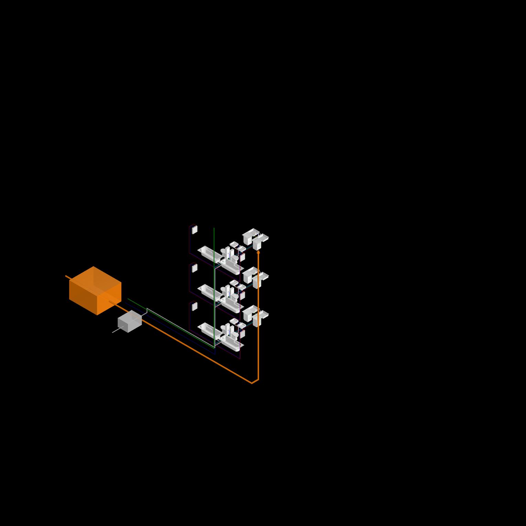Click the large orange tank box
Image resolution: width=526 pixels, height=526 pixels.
(95, 291)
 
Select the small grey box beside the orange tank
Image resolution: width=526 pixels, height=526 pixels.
(130, 321)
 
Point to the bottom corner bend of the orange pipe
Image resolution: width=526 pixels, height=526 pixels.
(252, 383)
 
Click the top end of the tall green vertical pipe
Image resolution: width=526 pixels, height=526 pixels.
(214, 228)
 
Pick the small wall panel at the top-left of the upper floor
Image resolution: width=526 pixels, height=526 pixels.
(195, 230)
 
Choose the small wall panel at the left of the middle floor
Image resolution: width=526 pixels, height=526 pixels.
(195, 268)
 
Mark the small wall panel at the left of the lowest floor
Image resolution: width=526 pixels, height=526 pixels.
(195, 307)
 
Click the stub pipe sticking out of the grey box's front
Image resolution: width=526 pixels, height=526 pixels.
(116, 331)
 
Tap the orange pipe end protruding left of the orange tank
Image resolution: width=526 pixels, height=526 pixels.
(67, 277)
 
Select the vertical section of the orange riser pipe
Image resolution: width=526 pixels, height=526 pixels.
(258, 316)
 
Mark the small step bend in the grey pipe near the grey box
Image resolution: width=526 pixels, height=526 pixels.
(147, 310)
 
